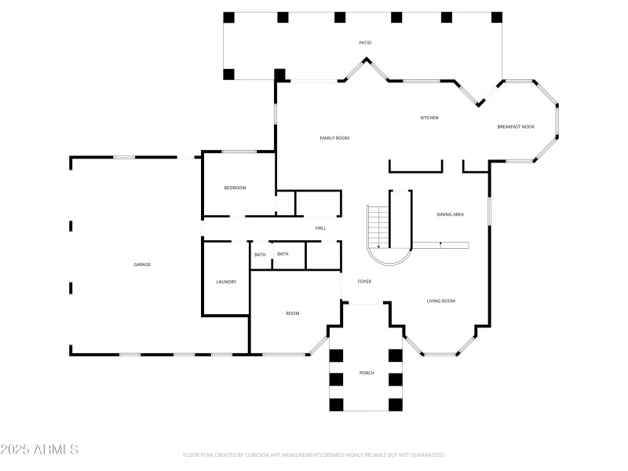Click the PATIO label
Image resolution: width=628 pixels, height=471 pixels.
365,42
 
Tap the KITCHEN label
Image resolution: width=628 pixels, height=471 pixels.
429,118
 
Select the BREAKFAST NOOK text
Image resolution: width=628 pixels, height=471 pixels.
516,126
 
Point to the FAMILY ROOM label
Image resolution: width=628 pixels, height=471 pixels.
334,138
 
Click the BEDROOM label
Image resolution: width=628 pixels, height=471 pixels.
235,188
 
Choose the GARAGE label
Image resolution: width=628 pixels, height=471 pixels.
142,265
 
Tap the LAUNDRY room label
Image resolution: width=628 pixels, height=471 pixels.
226,282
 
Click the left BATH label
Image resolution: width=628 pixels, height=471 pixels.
260,254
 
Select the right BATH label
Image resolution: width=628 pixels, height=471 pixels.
283,254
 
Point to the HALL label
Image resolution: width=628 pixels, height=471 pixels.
320,228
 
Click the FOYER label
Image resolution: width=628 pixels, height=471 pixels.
364,281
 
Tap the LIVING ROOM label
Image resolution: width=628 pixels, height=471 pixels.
441,301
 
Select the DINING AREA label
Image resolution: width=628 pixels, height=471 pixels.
450,214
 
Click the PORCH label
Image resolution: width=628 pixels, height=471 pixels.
367,372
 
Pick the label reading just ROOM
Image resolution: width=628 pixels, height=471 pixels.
292,313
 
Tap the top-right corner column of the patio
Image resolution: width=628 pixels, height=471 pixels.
496,17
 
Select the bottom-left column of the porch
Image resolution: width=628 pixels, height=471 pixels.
336,404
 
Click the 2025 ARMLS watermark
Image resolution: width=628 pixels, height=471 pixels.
39,450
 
